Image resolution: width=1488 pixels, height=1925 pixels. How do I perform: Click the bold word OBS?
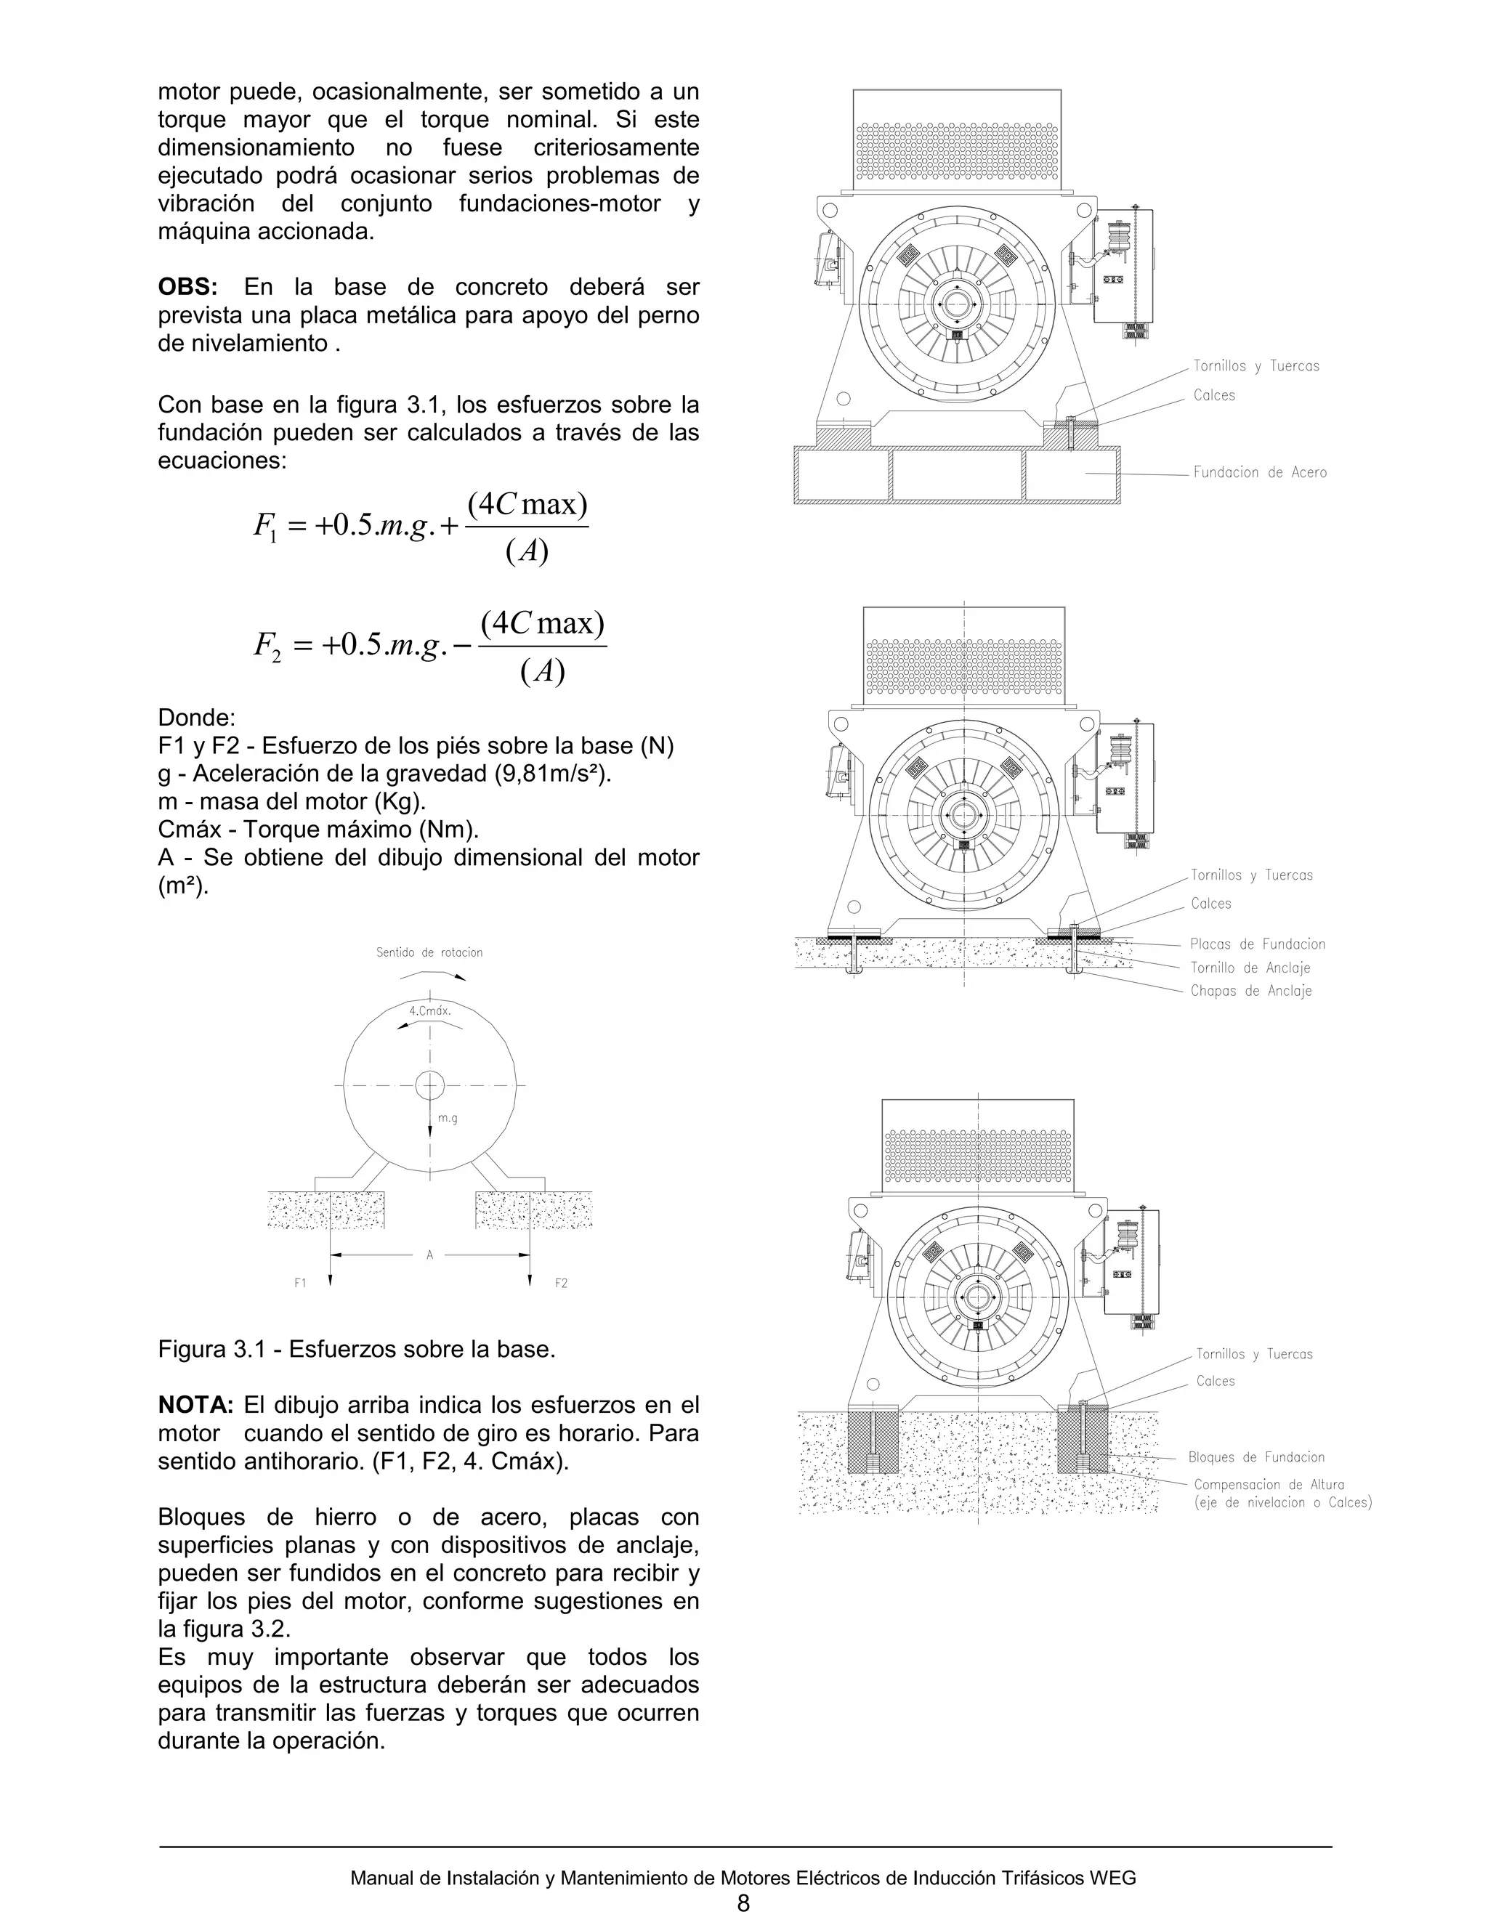[x=187, y=288]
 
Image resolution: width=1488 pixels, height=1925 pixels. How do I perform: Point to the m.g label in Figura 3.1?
[x=448, y=1119]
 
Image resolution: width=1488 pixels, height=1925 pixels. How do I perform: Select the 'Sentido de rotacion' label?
[x=429, y=953]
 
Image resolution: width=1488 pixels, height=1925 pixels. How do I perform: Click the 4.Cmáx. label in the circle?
[x=430, y=1011]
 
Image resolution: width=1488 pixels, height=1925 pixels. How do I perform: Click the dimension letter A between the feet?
[x=430, y=1255]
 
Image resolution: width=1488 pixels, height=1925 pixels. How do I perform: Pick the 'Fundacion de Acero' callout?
[x=1260, y=472]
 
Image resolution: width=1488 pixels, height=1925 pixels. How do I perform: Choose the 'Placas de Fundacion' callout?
[x=1257, y=944]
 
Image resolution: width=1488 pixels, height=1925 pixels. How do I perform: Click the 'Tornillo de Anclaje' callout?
[x=1250, y=968]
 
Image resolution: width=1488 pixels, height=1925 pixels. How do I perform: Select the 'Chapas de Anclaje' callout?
[x=1251, y=991]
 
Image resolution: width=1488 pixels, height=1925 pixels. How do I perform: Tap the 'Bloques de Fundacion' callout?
[x=1256, y=1457]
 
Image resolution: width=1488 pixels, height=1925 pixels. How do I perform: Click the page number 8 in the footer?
[x=743, y=1903]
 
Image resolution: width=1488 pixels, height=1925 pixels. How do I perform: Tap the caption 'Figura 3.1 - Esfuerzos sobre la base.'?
[x=356, y=1350]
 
